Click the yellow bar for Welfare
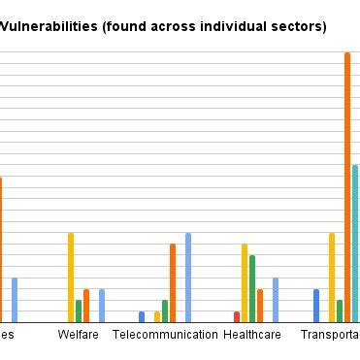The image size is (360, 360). (71, 278)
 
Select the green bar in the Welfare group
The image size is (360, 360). (79, 311)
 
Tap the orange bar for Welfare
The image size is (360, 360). (86, 306)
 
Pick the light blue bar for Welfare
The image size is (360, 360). (102, 306)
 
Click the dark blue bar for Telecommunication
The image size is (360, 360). (142, 316)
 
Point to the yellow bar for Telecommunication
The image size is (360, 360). (157, 316)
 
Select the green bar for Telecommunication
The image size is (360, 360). (165, 311)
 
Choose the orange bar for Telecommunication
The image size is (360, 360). (173, 282)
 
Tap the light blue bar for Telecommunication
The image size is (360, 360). (188, 278)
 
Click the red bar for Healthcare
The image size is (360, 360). (237, 316)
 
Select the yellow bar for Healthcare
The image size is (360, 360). (245, 282)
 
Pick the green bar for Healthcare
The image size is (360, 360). (252, 288)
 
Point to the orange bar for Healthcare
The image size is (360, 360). (260, 306)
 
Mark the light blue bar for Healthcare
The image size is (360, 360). (276, 300)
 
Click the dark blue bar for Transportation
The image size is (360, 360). (316, 306)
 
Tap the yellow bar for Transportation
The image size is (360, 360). (332, 278)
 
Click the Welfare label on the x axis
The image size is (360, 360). (79, 335)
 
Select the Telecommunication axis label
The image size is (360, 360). (165, 335)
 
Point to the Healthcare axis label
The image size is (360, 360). (252, 335)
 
